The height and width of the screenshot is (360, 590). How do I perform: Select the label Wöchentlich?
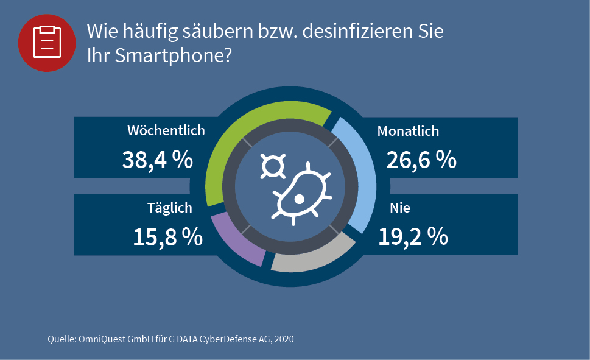166,130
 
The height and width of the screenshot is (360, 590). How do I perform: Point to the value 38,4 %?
158,160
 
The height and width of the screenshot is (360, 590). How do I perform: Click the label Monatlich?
408,131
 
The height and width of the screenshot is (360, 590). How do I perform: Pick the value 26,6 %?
421,160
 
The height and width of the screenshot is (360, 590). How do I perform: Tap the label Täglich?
170,208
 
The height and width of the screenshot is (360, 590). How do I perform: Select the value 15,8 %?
167,237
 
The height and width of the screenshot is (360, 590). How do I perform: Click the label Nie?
400,208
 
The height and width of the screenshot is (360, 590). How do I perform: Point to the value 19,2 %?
413,236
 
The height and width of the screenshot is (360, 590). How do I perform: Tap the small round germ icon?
272,166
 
